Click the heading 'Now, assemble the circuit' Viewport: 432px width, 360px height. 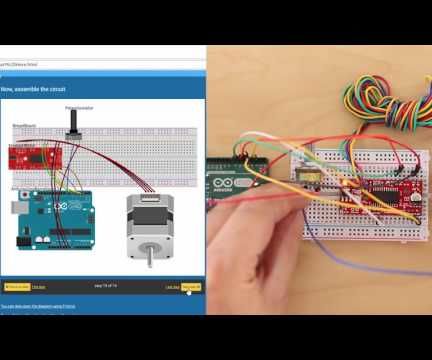35,89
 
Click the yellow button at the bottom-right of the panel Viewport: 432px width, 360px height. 191,286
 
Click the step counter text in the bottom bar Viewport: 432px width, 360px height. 105,287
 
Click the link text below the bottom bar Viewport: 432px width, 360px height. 40,304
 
